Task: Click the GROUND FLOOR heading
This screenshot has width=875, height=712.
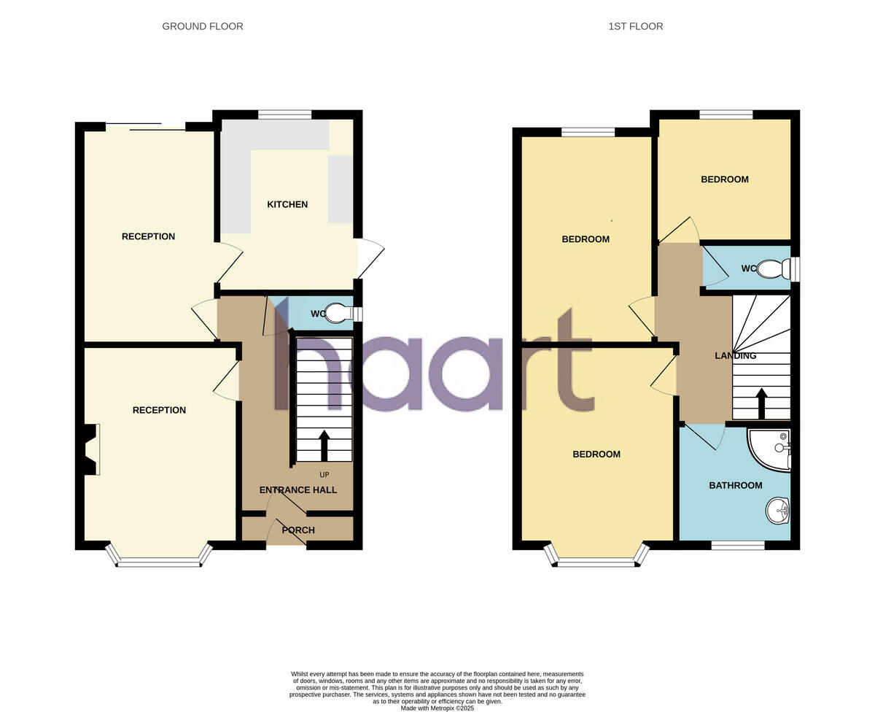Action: (x=203, y=26)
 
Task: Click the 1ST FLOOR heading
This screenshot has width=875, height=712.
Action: (x=636, y=26)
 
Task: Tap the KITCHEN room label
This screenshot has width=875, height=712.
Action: (x=287, y=204)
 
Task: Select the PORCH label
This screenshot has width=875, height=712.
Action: (x=298, y=530)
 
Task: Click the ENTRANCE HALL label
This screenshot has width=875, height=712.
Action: (x=298, y=489)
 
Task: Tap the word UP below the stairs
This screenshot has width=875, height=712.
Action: (x=324, y=475)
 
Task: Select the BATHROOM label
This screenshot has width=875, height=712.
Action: (x=736, y=485)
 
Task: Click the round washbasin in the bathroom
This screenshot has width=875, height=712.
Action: (x=777, y=511)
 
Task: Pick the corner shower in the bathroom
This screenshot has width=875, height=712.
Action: (x=771, y=448)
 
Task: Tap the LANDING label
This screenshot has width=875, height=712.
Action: (x=735, y=356)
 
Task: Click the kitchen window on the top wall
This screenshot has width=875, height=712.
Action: (x=284, y=114)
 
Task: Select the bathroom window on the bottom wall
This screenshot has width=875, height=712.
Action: (x=738, y=545)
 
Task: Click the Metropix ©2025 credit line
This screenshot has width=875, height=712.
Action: (x=437, y=708)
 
